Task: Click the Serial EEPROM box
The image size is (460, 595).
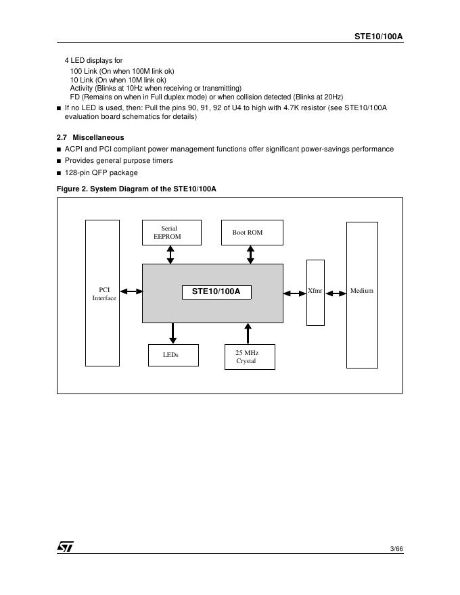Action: coord(170,232)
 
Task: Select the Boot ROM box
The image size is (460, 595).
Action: coord(252,232)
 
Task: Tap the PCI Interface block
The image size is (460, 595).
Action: coord(102,293)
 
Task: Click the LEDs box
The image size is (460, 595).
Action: coord(173,355)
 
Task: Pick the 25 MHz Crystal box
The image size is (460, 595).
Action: coord(250,356)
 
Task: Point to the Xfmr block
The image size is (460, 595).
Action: coord(315,292)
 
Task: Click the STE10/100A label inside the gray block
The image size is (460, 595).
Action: coord(216,292)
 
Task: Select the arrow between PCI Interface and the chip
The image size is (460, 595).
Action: coord(131,292)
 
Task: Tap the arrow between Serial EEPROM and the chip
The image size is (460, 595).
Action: coord(170,254)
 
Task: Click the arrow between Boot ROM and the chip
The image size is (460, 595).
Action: coord(250,254)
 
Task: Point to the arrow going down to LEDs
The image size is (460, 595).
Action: coord(173,333)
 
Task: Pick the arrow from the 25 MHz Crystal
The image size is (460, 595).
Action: coord(248,333)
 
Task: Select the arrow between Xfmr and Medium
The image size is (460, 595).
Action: coord(335,293)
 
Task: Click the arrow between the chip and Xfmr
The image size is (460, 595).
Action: coord(295,293)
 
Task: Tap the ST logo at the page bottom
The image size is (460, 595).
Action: coord(65,546)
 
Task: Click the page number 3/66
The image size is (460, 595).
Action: coord(396,548)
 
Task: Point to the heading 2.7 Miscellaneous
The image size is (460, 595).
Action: coord(91,137)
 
